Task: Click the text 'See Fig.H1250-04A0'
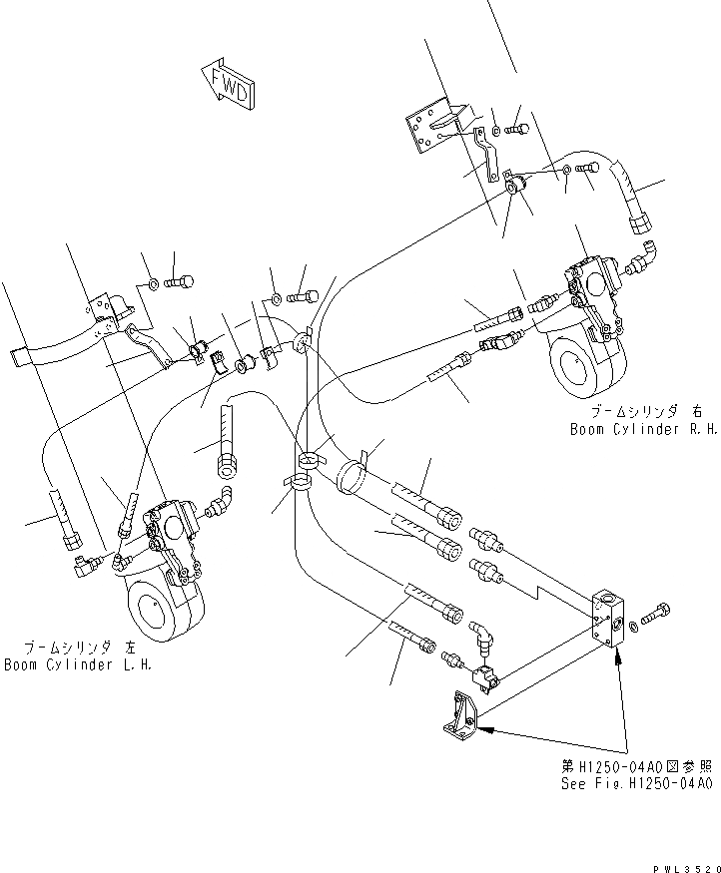tap(636, 783)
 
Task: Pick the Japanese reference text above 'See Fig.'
tap(636, 766)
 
